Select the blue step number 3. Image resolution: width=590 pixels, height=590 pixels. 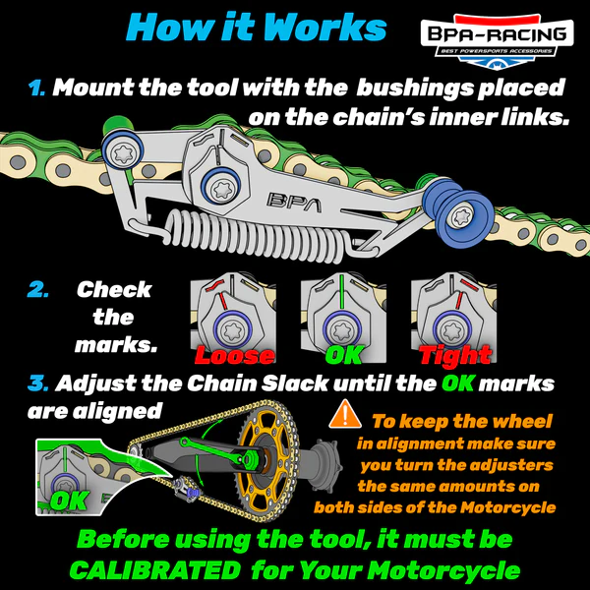tap(36, 382)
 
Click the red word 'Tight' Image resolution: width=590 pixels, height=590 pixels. tap(454, 355)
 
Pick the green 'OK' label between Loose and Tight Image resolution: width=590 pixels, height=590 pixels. tap(343, 355)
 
